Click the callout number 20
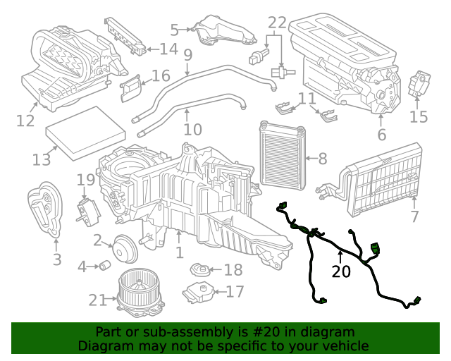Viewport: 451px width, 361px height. coord(341,271)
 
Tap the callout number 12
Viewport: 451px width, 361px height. coord(25,121)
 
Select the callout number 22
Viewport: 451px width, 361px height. coord(277,23)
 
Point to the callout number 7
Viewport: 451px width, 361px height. coord(414,216)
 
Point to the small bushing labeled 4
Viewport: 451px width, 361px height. coord(106,266)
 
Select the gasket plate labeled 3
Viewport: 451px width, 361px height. coord(45,209)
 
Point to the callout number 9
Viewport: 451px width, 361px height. coord(187,54)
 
